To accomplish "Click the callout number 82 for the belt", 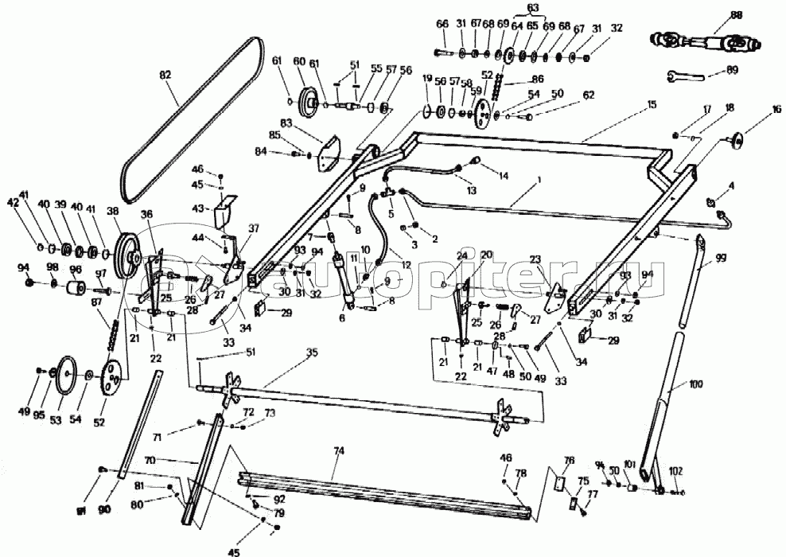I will [165, 74].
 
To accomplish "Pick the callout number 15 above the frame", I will [652, 103].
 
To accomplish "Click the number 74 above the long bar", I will [338, 450].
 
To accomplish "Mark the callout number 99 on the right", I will [722, 259].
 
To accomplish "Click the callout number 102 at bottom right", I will [677, 469].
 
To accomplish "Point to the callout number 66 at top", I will [442, 25].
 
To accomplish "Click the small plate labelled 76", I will [558, 481].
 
